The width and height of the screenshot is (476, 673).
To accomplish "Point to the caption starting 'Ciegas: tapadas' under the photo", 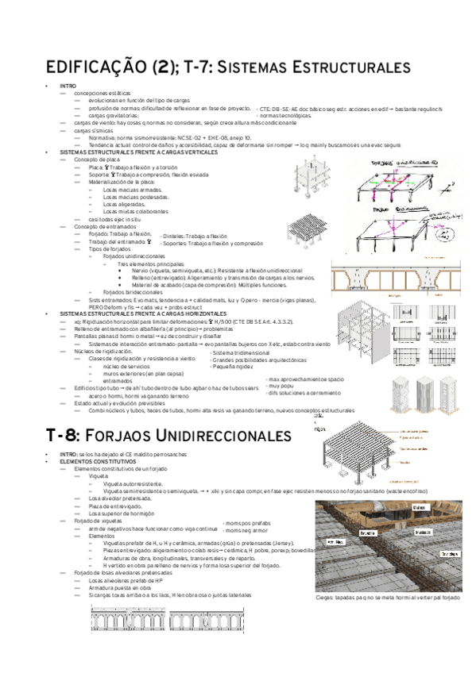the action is pyautogui.click(x=388, y=598).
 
